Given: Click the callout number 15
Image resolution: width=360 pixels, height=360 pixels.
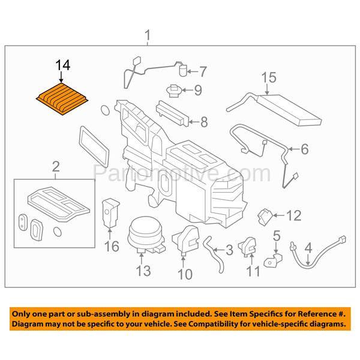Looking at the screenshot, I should [x=268, y=77].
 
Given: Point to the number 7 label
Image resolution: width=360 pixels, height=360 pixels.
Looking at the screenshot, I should [x=203, y=73].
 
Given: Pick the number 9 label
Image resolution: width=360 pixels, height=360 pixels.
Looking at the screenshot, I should [x=198, y=91].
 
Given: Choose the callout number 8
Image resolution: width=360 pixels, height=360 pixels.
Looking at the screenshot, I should [x=203, y=122].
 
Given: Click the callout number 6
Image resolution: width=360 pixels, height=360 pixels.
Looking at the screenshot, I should [x=304, y=148].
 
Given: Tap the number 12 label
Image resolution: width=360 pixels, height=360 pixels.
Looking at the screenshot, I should [x=293, y=214].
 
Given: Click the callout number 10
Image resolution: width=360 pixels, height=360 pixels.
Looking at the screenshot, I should [x=185, y=275].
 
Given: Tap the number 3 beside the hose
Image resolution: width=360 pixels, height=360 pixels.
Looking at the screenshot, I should [x=229, y=250].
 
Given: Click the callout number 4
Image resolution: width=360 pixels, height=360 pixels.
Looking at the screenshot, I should [x=308, y=247].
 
